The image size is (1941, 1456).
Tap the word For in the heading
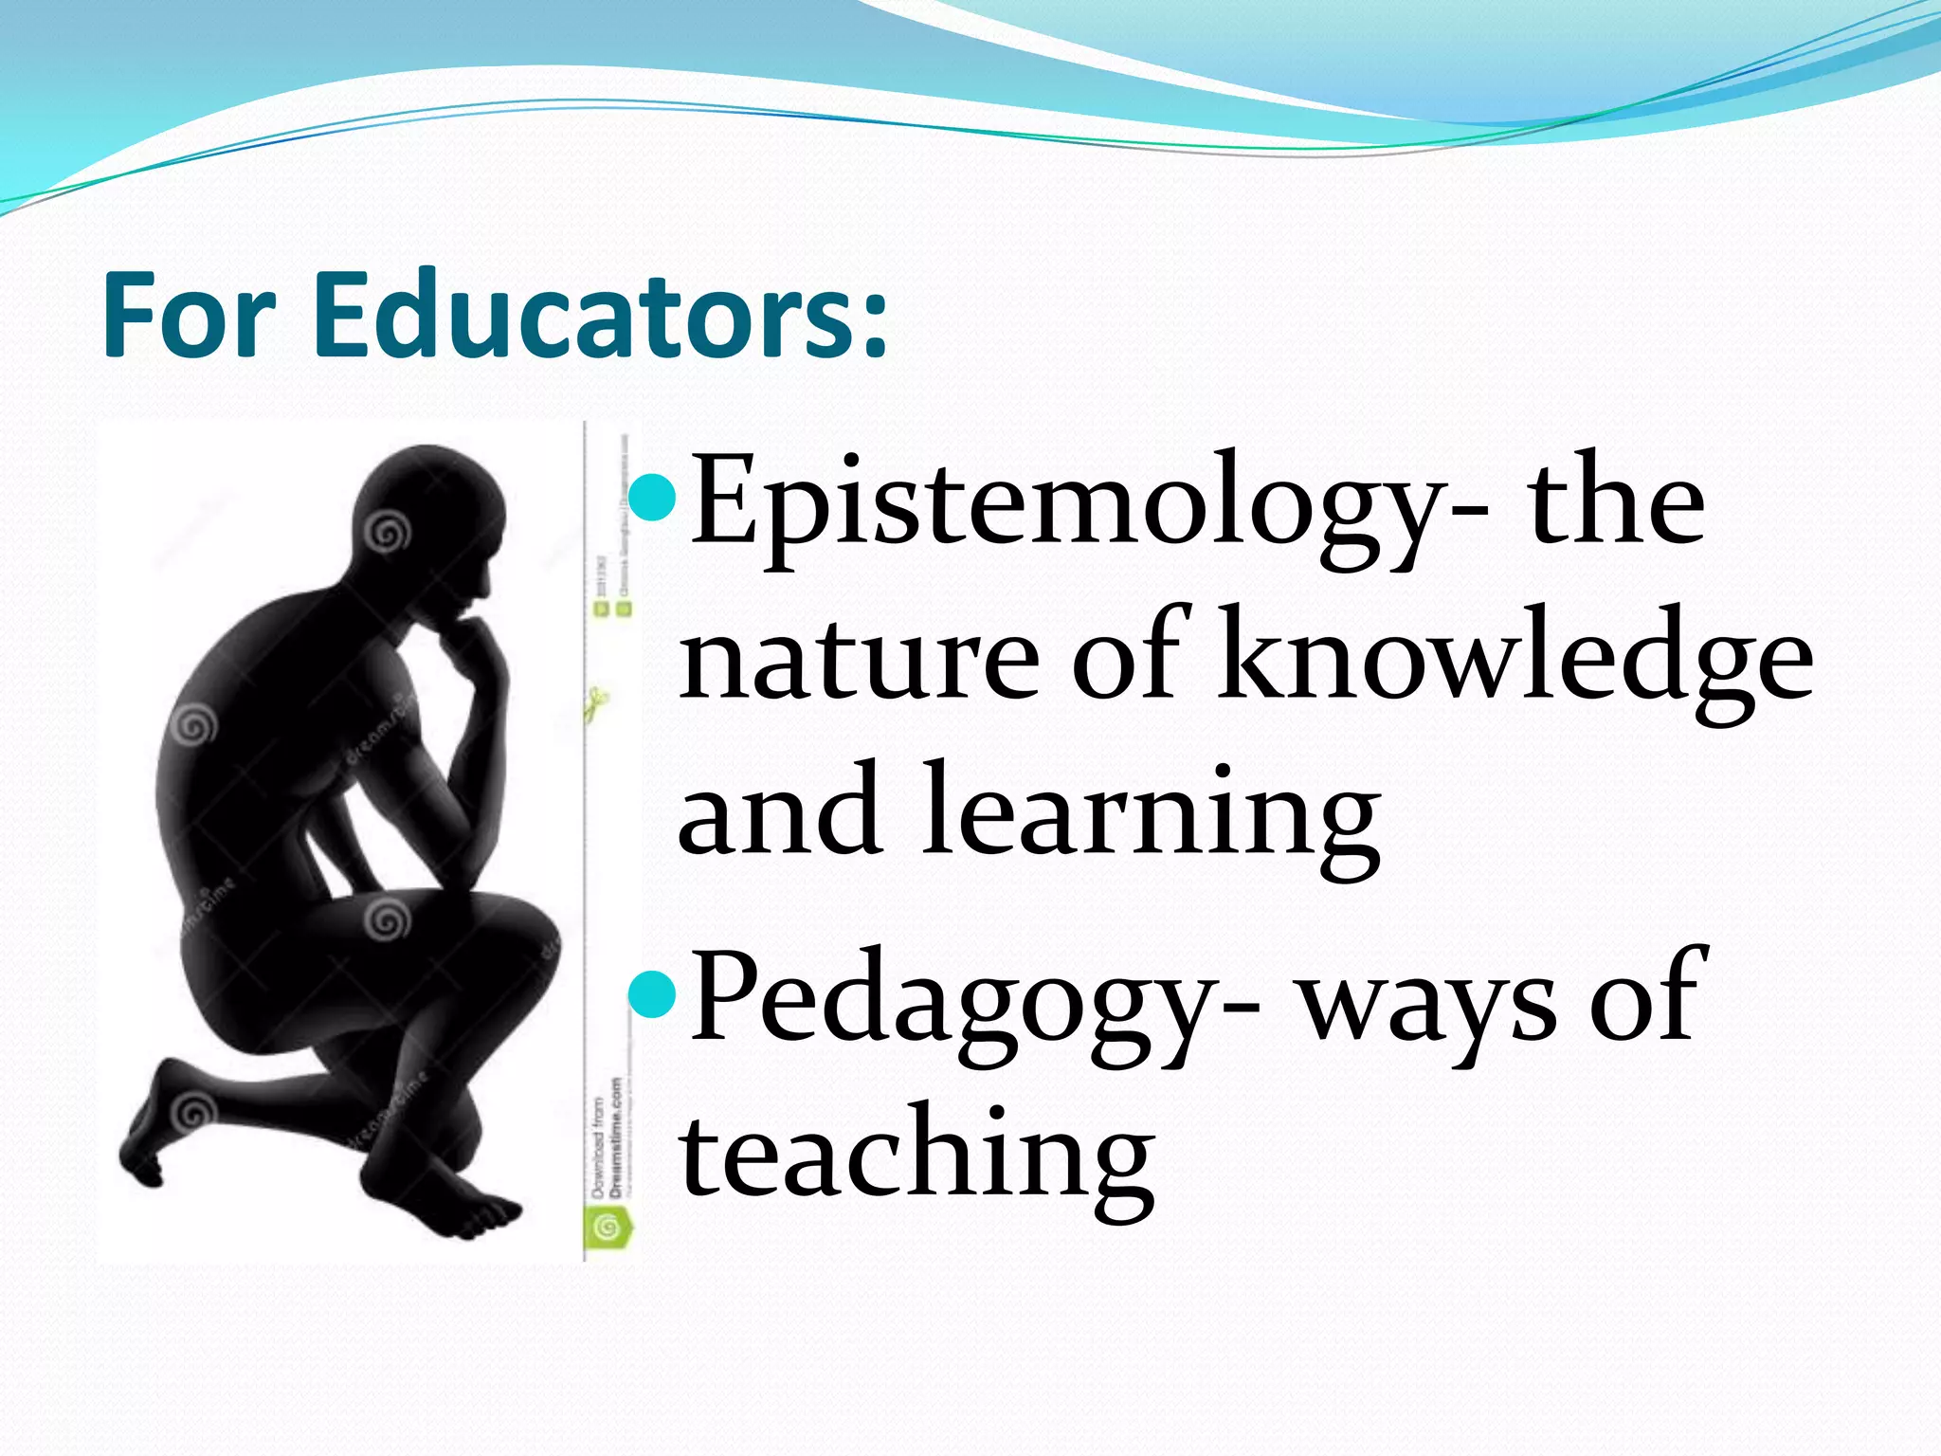[x=189, y=315]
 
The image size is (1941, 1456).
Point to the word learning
[x=1151, y=815]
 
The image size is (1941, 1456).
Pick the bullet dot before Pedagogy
[x=652, y=992]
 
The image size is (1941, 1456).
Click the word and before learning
[x=778, y=815]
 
